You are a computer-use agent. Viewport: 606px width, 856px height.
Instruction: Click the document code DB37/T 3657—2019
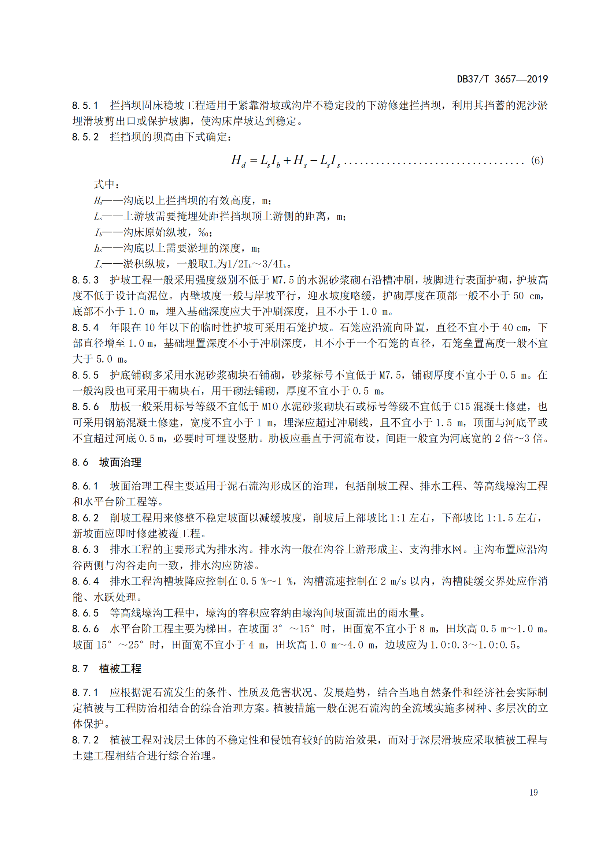click(x=502, y=79)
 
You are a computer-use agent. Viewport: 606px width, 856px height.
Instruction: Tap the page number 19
click(x=533, y=793)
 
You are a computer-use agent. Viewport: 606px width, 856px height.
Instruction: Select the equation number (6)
click(x=537, y=161)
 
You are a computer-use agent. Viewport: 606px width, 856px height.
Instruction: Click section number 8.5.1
click(x=85, y=105)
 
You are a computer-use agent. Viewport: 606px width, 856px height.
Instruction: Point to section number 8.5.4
click(x=85, y=328)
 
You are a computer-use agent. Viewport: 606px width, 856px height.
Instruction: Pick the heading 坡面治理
click(x=120, y=462)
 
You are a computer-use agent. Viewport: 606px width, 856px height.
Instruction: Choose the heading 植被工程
click(x=120, y=669)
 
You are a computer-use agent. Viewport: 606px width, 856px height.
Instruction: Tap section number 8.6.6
click(x=85, y=629)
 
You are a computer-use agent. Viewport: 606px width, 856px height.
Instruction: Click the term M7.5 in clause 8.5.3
click(x=283, y=280)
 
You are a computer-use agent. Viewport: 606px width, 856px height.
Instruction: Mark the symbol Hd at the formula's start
click(x=238, y=161)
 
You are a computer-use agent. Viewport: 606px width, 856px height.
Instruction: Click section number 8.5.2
click(x=85, y=137)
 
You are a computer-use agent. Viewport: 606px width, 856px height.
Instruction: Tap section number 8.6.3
click(x=85, y=550)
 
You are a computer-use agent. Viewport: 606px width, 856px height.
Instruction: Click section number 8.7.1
click(x=85, y=692)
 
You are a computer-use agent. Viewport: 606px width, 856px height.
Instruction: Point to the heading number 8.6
click(x=80, y=462)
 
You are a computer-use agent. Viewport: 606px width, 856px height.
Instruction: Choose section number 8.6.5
click(x=85, y=613)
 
